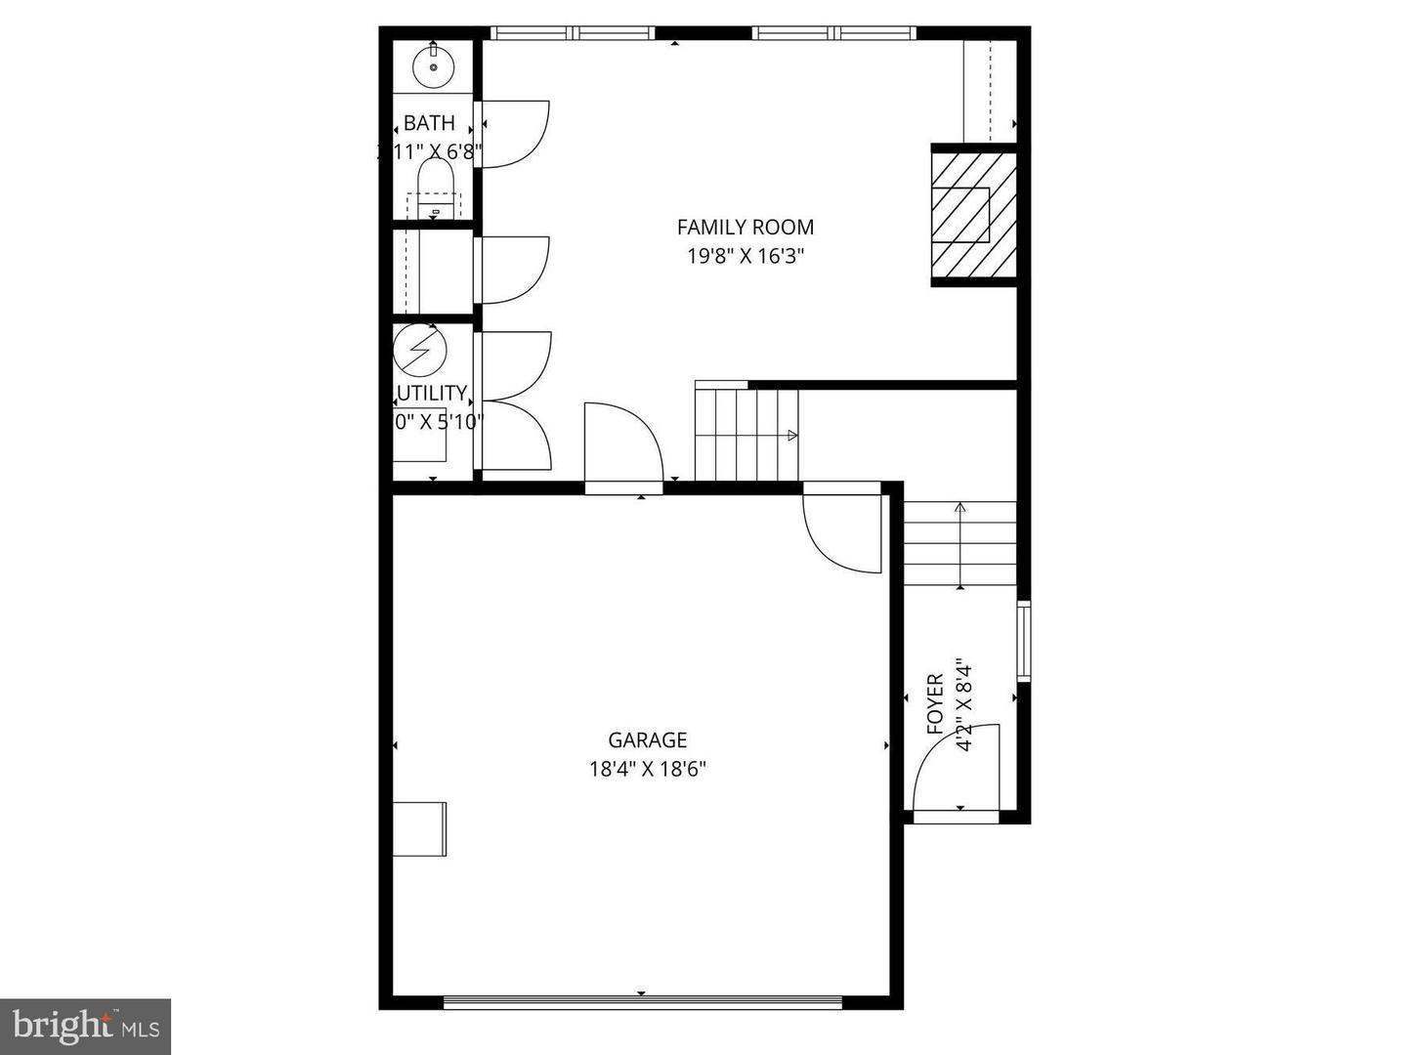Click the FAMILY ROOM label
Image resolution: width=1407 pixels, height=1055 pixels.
[745, 228]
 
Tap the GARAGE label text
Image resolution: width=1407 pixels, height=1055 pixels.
[647, 740]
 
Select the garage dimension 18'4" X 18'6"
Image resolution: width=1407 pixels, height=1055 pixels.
[647, 769]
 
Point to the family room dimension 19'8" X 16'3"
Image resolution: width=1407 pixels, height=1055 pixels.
[745, 257]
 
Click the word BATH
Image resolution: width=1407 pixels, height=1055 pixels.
[429, 124]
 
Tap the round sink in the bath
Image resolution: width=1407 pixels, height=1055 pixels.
[433, 66]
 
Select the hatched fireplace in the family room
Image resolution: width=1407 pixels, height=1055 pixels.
[973, 215]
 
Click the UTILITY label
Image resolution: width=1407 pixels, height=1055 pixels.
[432, 394]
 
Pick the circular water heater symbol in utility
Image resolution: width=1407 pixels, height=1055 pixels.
[419, 349]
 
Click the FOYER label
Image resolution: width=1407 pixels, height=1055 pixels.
[935, 703]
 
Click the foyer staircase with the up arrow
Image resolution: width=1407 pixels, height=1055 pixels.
[959, 543]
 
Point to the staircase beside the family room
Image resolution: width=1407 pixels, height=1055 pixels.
[746, 434]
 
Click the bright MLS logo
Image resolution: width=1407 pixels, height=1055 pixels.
[85, 1026]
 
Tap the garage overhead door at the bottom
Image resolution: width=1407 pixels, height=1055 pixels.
[642, 1002]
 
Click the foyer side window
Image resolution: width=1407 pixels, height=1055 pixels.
[1023, 641]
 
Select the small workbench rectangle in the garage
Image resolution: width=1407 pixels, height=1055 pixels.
[420, 829]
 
